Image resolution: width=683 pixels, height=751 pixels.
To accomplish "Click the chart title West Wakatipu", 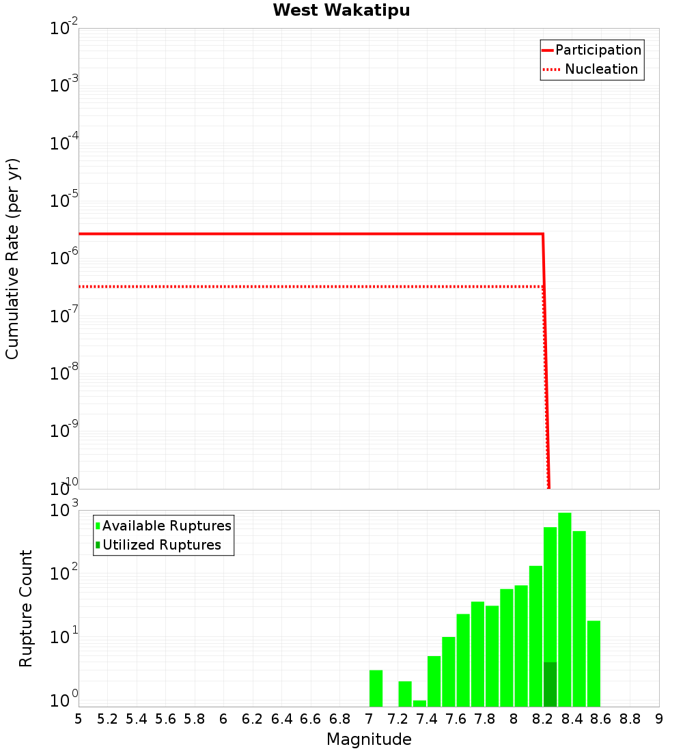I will (341, 11).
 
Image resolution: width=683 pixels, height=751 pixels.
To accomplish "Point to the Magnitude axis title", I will (369, 739).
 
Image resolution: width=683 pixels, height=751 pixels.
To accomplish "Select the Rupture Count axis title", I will (26, 608).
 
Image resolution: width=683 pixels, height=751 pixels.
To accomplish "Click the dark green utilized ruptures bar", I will (550, 684).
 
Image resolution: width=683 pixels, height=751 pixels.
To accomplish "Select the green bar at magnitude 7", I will (376, 688).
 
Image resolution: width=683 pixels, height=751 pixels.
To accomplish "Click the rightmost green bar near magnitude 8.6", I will (594, 663).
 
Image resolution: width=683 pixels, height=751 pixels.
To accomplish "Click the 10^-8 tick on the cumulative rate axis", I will (64, 374).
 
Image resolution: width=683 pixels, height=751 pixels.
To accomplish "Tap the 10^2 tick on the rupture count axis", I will (64, 573).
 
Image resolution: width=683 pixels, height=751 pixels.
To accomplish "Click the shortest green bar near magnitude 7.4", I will (419, 703).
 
